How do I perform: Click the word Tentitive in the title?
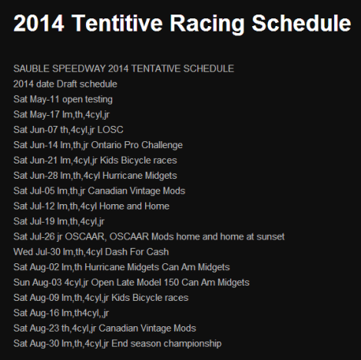pyautogui.click(x=121, y=24)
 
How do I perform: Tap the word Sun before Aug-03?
pyautogui.click(x=22, y=282)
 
